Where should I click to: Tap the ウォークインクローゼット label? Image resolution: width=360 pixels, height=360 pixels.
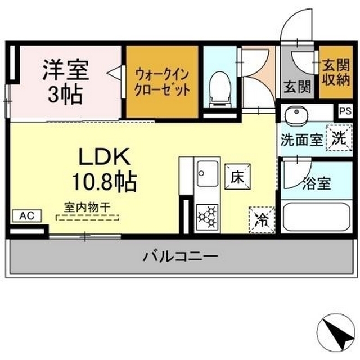(161, 82)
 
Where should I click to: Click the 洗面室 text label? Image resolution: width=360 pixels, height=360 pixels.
(302, 140)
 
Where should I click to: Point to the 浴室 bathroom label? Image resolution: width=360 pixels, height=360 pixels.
(316, 183)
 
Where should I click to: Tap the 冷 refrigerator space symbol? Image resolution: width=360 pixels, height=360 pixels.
(261, 218)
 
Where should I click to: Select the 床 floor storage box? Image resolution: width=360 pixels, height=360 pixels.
(236, 176)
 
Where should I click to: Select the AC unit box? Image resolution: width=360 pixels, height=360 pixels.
(26, 215)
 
